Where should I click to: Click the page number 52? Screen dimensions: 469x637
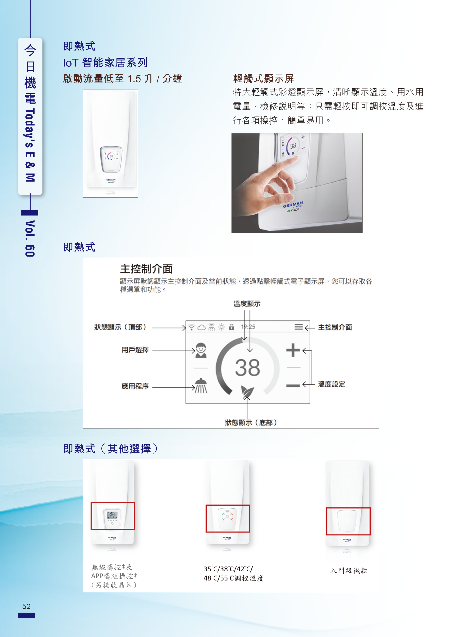(x=26, y=606)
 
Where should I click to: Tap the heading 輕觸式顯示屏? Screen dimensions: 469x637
(x=263, y=78)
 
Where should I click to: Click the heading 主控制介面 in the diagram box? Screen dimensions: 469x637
(x=146, y=269)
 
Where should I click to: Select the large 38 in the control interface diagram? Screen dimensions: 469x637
(x=247, y=368)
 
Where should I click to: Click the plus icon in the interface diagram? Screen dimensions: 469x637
(x=293, y=350)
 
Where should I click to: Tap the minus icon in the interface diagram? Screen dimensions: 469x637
(x=293, y=385)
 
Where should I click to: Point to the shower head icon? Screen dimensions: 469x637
(x=201, y=386)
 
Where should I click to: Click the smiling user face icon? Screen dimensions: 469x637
(x=201, y=350)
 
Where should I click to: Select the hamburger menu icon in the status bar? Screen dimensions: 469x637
(x=298, y=327)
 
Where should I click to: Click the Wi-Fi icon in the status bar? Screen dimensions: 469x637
(x=192, y=327)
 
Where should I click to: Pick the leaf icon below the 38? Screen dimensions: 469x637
(x=247, y=391)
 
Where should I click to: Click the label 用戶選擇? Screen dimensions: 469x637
(x=135, y=350)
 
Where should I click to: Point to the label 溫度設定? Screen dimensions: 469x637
(x=331, y=384)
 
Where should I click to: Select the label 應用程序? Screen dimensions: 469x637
(x=135, y=386)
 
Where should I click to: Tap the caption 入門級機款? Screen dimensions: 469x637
(x=349, y=571)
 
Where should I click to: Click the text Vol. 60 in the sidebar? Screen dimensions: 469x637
(x=30, y=239)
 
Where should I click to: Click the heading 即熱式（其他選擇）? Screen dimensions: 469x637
(x=111, y=449)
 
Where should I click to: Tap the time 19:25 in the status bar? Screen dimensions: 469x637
(x=248, y=327)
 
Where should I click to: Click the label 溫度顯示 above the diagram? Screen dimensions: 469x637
(x=247, y=304)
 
